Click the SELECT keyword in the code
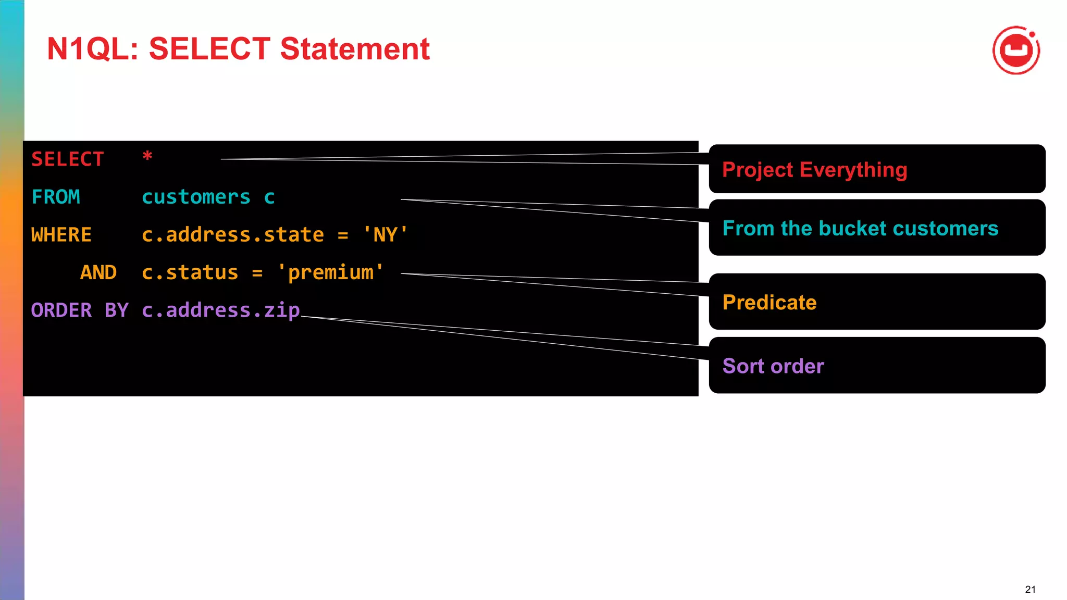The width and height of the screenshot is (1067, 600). point(68,159)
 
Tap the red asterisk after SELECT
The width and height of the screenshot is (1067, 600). point(147,156)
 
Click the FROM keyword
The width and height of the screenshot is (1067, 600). point(56,197)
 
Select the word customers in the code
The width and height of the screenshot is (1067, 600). point(196,197)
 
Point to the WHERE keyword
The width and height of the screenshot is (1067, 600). point(61,235)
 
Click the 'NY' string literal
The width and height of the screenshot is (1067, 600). point(386,235)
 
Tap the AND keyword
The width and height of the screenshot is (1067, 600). point(98,272)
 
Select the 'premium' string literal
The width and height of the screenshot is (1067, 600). point(330,272)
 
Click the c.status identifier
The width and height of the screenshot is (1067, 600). point(190,272)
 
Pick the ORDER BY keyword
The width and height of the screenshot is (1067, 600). point(80,310)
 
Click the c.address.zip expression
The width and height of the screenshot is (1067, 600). point(221,310)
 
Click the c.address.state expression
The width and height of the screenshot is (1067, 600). point(233,235)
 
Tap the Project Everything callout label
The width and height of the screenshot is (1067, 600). point(814,170)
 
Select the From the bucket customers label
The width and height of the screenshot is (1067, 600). point(860,229)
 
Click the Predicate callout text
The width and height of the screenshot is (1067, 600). point(770,303)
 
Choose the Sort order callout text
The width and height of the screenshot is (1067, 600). point(773,366)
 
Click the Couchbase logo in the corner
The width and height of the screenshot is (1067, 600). point(1016,51)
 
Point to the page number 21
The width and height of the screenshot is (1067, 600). point(1030,590)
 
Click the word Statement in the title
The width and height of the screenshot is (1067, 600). point(355,49)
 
